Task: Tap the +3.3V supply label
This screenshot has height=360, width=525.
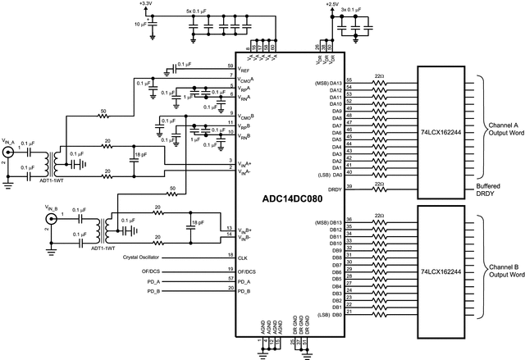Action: tap(146, 4)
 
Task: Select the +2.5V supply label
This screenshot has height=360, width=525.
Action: tap(332, 4)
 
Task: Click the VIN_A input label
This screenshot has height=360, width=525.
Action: tap(10, 140)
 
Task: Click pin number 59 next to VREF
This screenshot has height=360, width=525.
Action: tap(231, 65)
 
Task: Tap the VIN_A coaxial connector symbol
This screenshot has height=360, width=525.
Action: tap(10, 153)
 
